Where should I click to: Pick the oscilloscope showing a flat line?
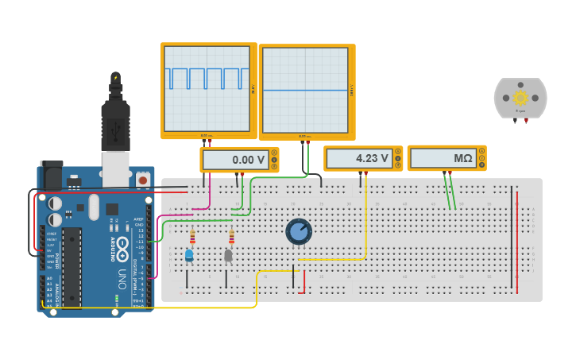306,90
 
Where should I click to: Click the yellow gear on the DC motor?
520,98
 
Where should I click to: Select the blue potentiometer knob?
299,231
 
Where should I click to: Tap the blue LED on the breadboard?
189,255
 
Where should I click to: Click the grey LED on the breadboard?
228,255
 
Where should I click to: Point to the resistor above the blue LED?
191,237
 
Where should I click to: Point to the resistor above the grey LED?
231,237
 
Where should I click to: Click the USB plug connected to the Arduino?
116,127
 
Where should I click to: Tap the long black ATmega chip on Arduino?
72,267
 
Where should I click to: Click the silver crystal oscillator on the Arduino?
94,207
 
